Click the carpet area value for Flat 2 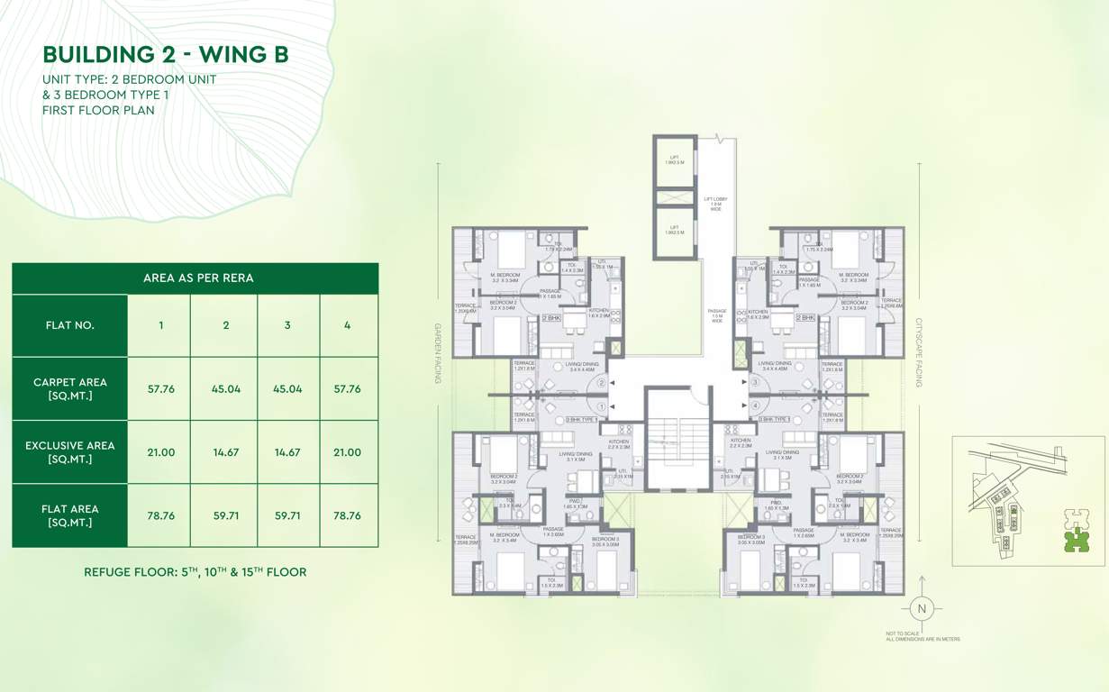[226, 389]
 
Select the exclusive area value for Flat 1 [160, 452]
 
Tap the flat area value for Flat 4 [347, 515]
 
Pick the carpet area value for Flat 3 [287, 389]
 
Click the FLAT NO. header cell [69, 325]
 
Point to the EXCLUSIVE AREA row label [69, 452]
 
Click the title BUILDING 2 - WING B [166, 54]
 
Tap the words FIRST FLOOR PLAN [98, 110]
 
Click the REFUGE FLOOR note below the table [195, 572]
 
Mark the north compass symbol [920, 608]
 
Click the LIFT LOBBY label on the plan [715, 203]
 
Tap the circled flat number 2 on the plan [601, 383]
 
